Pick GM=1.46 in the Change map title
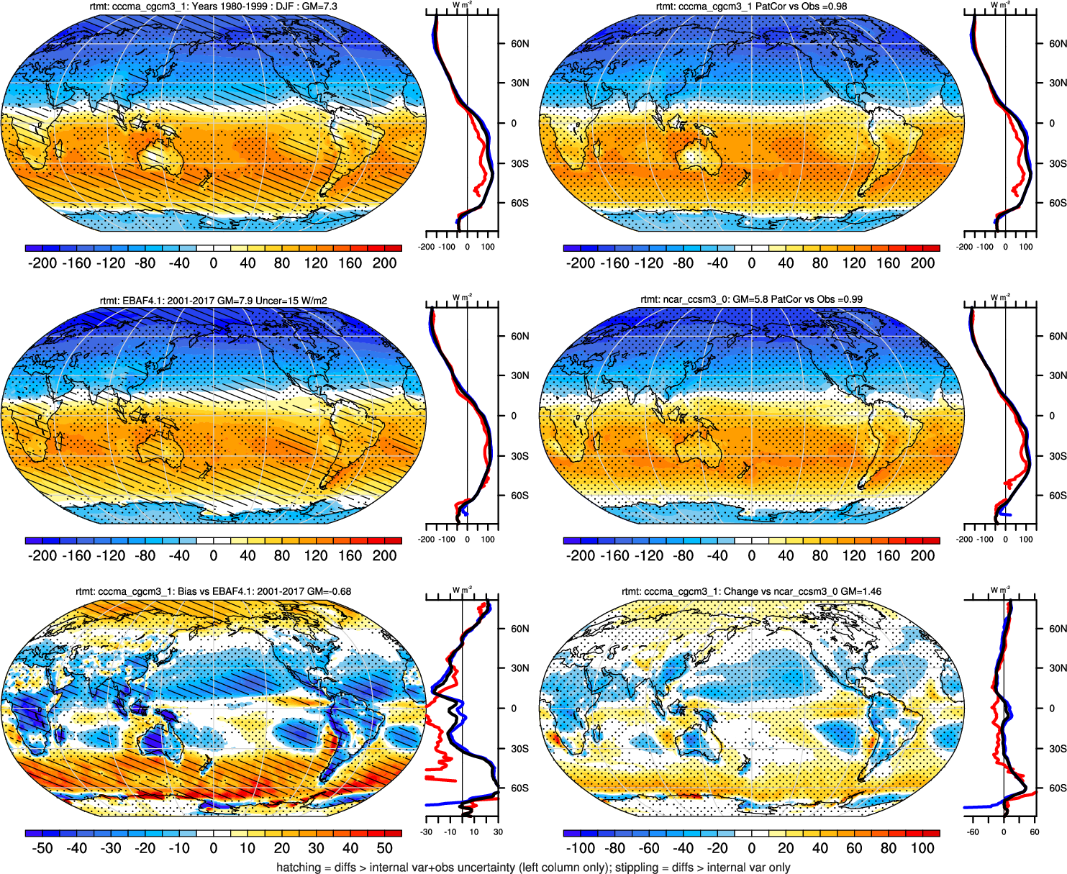coord(861,591)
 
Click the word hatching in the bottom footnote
coord(299,867)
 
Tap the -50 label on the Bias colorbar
coord(42,848)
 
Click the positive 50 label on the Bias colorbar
coord(385,848)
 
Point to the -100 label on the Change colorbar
coord(581,848)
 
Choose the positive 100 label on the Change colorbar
coord(922,848)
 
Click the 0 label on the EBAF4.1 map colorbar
coord(213,555)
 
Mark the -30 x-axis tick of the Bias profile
coord(426,832)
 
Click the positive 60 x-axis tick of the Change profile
coord(1034,832)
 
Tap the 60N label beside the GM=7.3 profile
coord(519,43)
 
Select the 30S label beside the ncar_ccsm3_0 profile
coord(1057,456)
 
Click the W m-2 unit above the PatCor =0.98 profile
coord(999,4)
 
